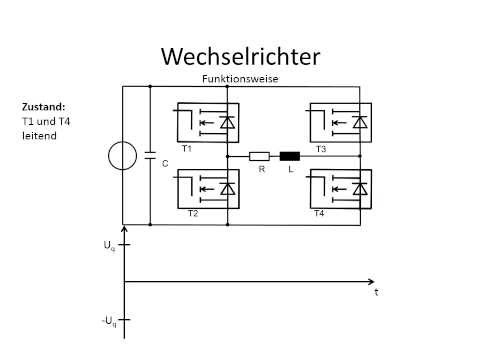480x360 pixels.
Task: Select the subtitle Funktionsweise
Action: coord(238,78)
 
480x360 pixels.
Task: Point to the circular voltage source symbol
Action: coord(122,157)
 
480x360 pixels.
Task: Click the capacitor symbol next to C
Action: coord(149,157)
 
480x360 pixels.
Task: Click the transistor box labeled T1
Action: coord(207,123)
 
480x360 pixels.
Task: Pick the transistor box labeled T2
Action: coord(207,188)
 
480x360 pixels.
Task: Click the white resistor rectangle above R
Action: coord(258,156)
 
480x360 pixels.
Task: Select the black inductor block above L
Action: coord(290,156)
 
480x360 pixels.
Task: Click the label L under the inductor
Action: coord(291,170)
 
